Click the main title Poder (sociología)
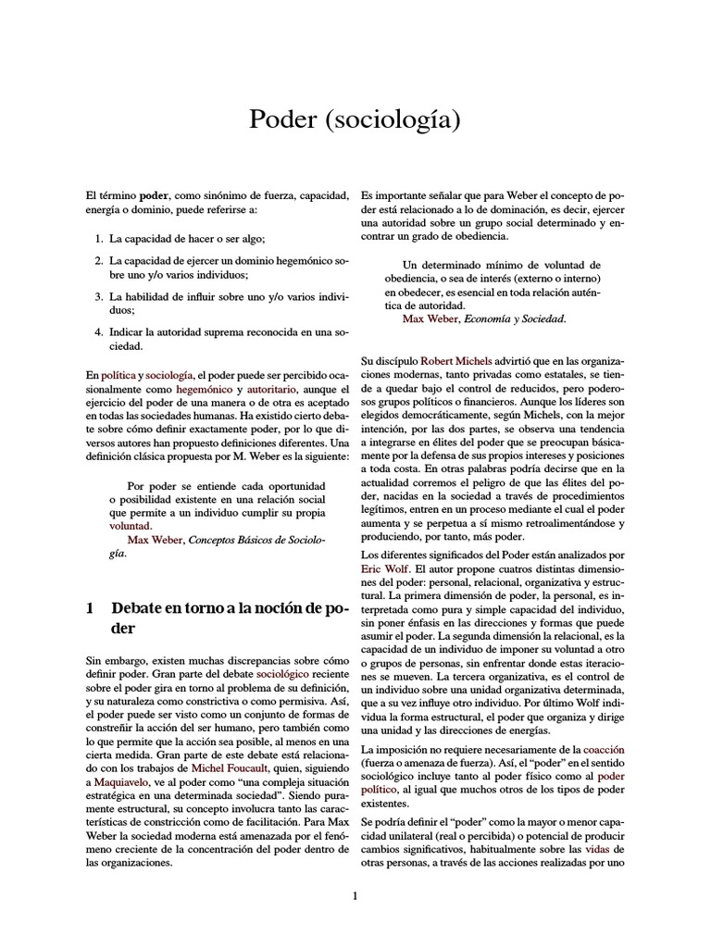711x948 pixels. tap(355, 119)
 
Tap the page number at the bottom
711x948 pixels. tap(355, 895)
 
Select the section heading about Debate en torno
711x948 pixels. tap(216, 617)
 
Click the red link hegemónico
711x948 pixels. tap(203, 391)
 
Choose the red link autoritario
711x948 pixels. tap(272, 391)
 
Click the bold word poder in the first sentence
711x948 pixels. tap(154, 196)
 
